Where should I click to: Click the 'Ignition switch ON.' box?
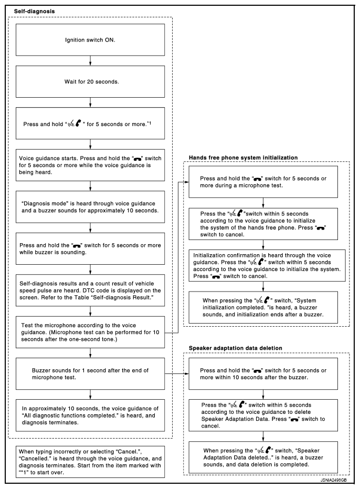[91, 38]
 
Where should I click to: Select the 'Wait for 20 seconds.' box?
[91, 82]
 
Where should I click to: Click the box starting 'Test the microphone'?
[91, 332]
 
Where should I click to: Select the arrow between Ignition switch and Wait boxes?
[91, 59]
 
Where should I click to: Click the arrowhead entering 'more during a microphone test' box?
[186, 182]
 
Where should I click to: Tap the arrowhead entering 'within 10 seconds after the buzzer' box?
[186, 374]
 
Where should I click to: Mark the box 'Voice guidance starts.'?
[91, 164]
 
